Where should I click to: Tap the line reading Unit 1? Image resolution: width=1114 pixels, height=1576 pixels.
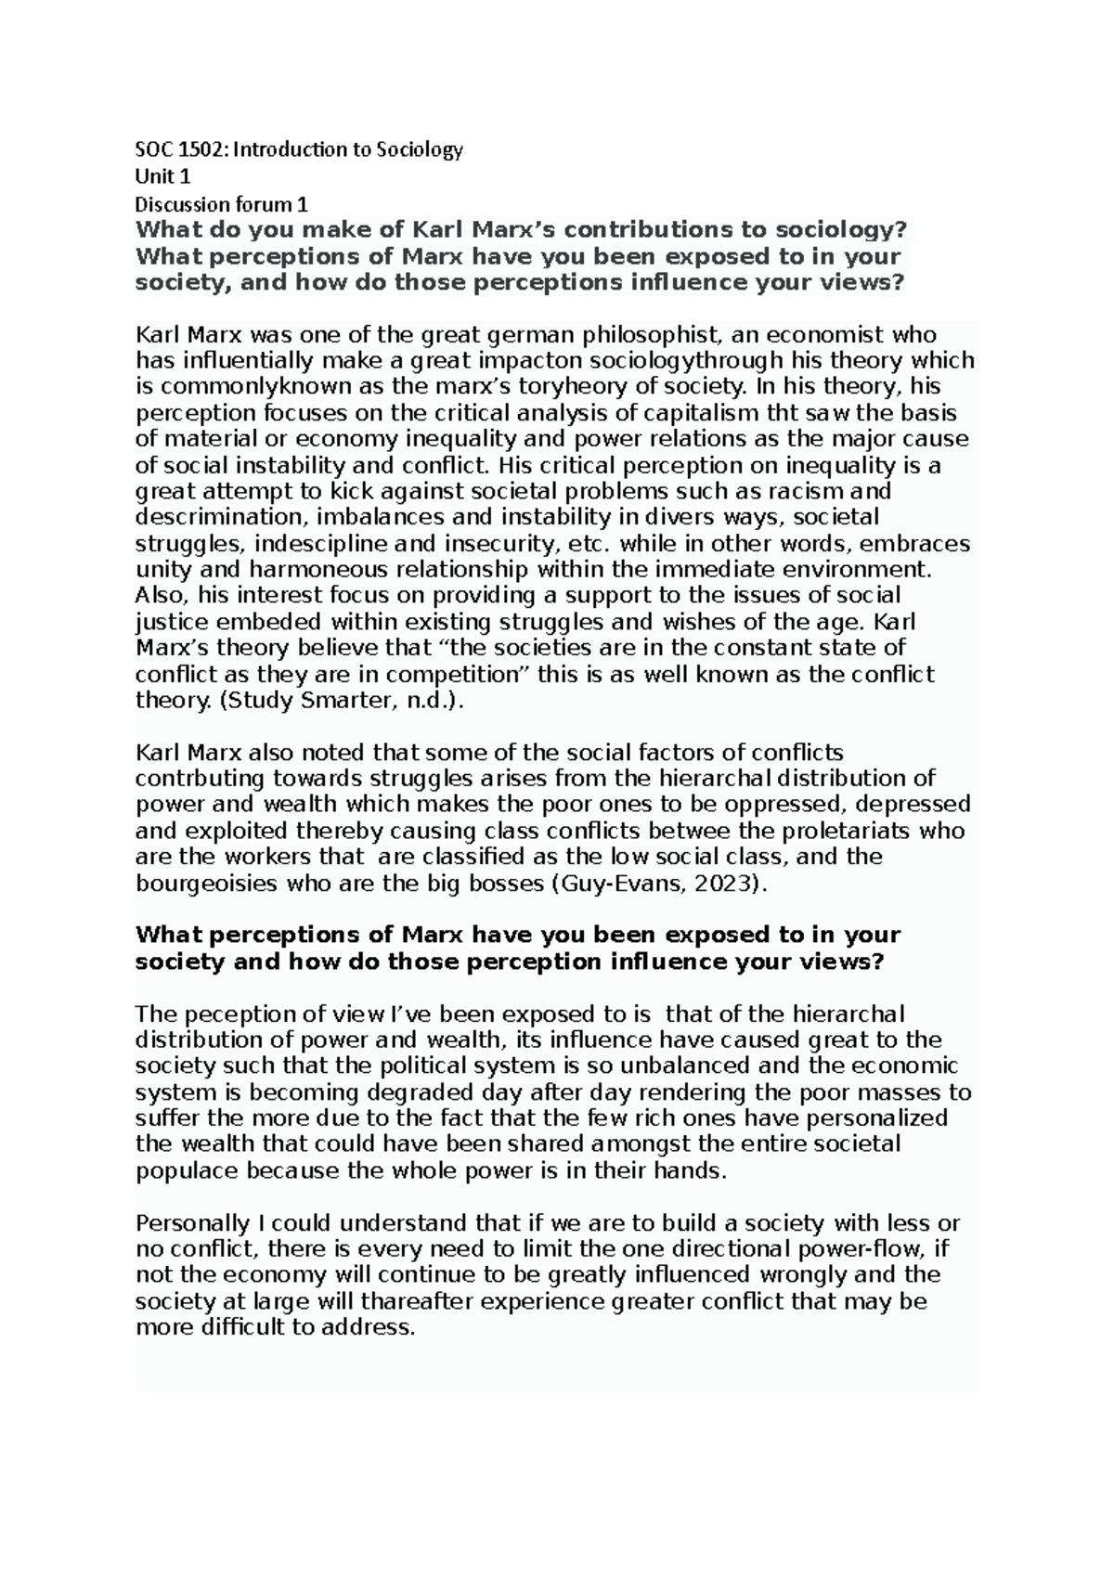pyautogui.click(x=162, y=176)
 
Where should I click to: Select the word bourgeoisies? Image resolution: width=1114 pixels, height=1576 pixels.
pyautogui.click(x=206, y=883)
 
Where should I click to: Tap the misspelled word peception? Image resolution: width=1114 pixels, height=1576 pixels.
pyautogui.click(x=218, y=1014)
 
